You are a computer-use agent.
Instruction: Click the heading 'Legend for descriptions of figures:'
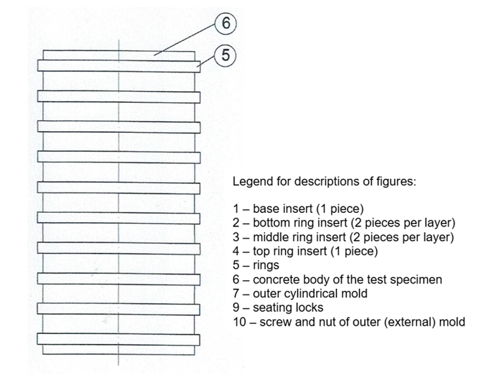(323, 181)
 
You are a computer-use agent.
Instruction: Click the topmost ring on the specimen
(118, 65)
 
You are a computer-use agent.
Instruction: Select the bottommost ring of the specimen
(118, 338)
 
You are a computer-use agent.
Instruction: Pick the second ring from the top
(118, 96)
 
